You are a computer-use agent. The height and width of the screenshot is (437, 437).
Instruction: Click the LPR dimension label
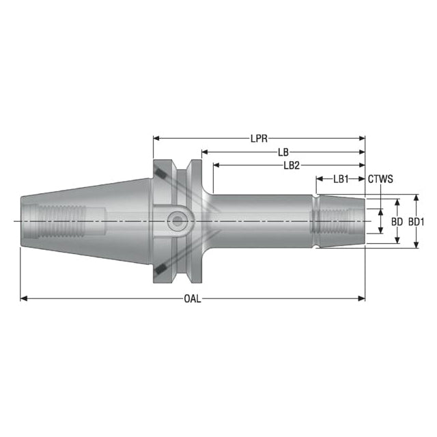tap(259, 139)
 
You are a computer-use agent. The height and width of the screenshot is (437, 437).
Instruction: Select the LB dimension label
tap(283, 152)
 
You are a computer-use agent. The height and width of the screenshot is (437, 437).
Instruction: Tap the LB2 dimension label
tap(292, 165)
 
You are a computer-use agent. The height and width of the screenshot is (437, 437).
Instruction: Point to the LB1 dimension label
tap(341, 179)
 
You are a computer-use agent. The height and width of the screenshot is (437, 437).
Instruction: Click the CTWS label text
tap(380, 179)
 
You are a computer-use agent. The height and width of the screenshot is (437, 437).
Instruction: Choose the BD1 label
tap(417, 222)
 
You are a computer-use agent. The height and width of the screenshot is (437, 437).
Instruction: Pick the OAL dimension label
tap(193, 299)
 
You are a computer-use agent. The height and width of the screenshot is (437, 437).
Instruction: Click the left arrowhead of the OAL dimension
tap(24, 299)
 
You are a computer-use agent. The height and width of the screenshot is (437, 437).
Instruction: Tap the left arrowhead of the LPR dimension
tap(156, 138)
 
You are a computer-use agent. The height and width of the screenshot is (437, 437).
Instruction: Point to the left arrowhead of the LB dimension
tap(205, 152)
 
